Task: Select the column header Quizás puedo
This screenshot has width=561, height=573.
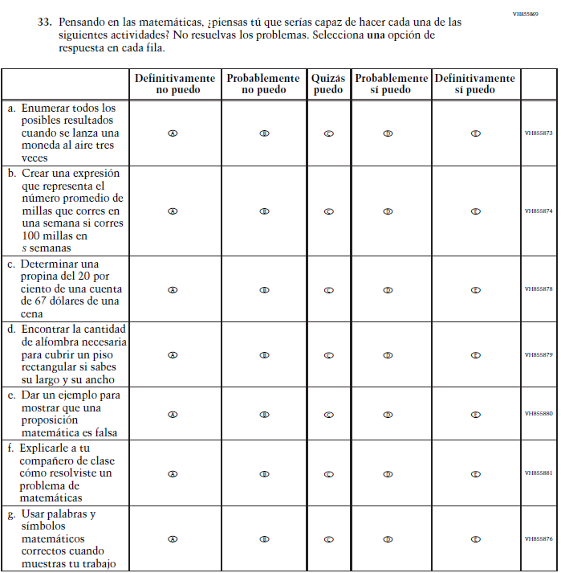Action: tap(328, 84)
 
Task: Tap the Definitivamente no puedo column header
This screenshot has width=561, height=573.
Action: tap(175, 84)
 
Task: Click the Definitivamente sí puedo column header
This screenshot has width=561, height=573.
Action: tap(474, 84)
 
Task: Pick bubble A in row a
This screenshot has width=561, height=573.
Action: tap(173, 133)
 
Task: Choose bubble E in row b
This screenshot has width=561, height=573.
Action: tap(475, 211)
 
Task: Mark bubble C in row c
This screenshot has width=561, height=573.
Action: tap(328, 290)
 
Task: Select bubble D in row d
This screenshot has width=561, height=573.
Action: tap(388, 354)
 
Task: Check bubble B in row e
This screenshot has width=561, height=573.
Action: tap(264, 415)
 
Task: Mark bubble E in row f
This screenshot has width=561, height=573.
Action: tap(475, 474)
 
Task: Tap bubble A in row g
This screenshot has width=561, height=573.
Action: tap(173, 539)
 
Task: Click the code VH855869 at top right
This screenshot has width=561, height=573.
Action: tap(526, 14)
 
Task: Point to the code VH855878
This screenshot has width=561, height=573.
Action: tap(539, 289)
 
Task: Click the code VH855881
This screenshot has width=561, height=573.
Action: tap(539, 473)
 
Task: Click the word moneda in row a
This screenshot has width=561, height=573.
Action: tap(39, 145)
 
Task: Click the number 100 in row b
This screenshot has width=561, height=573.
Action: tap(34, 236)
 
